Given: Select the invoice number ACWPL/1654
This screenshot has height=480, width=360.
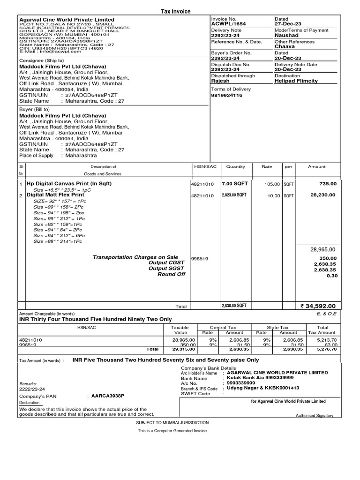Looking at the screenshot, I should click(228, 24).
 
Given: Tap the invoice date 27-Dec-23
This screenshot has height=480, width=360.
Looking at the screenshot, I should click(288, 24).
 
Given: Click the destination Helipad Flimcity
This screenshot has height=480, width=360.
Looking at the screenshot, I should click(296, 81).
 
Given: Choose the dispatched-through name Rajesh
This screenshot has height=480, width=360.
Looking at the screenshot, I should click(220, 81).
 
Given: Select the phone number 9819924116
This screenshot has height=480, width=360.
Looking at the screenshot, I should click(227, 95).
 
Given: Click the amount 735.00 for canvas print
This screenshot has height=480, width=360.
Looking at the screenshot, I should click(328, 184).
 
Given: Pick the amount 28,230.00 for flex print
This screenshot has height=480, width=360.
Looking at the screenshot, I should click(323, 195).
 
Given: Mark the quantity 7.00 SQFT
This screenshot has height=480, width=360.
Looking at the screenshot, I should click(233, 184).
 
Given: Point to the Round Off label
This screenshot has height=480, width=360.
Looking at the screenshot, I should click(171, 274).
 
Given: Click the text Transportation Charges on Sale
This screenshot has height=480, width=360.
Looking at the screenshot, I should click(135, 257).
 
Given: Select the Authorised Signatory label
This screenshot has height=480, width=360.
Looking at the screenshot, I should click(315, 415).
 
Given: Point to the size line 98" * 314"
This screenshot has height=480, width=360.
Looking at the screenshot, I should click(58, 241).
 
